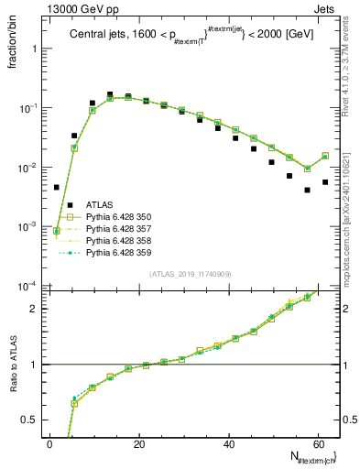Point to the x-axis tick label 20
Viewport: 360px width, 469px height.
(138, 443)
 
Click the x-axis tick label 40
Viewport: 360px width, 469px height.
(228, 443)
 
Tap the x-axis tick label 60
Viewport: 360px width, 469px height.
(317, 443)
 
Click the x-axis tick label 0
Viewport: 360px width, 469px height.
(49, 443)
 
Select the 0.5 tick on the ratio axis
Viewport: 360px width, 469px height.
(34, 420)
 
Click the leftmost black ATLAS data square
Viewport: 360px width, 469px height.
(57, 187)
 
